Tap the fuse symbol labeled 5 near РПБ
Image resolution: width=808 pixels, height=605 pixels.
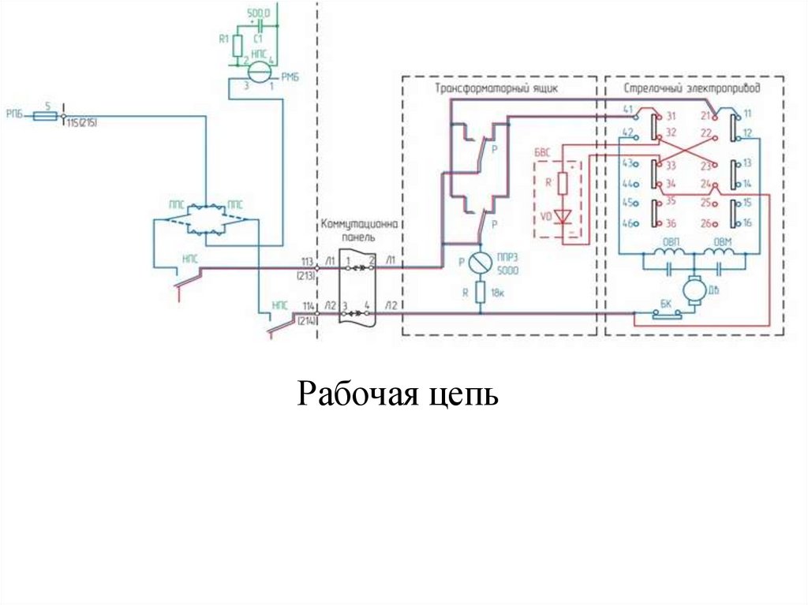pyautogui.click(x=47, y=115)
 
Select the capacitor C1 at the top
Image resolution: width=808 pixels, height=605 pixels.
pyautogui.click(x=258, y=26)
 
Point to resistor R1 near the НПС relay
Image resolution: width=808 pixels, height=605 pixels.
pyautogui.click(x=237, y=46)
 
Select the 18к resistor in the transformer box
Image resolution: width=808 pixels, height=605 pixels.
pyautogui.click(x=478, y=293)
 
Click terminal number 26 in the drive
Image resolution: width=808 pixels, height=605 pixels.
pyautogui.click(x=705, y=223)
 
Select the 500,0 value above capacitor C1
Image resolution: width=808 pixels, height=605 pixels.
pyautogui.click(x=258, y=14)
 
